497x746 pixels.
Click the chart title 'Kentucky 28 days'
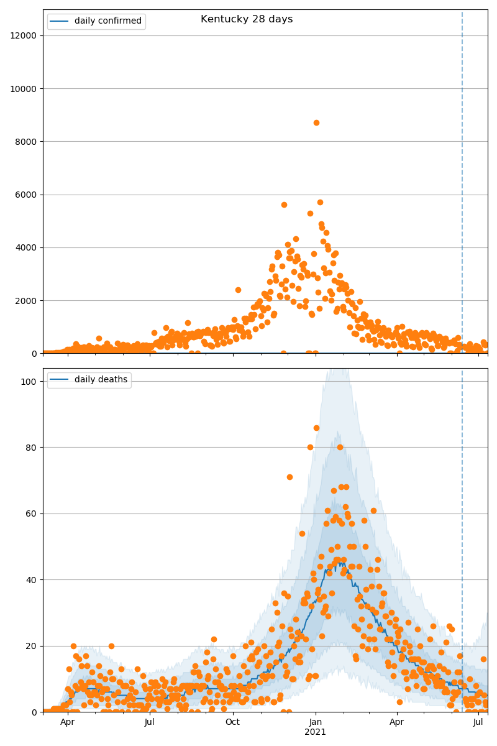[247, 19]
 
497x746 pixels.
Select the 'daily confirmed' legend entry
[107, 21]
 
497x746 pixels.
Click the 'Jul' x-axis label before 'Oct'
[150, 722]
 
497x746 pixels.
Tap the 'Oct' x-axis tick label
[232, 722]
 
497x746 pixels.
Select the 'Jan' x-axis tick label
[315, 722]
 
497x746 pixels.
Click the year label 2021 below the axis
[315, 732]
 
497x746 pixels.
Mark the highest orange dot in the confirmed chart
[316, 122]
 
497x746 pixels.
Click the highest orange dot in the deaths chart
[316, 428]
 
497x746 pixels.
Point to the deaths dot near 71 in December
[290, 477]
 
